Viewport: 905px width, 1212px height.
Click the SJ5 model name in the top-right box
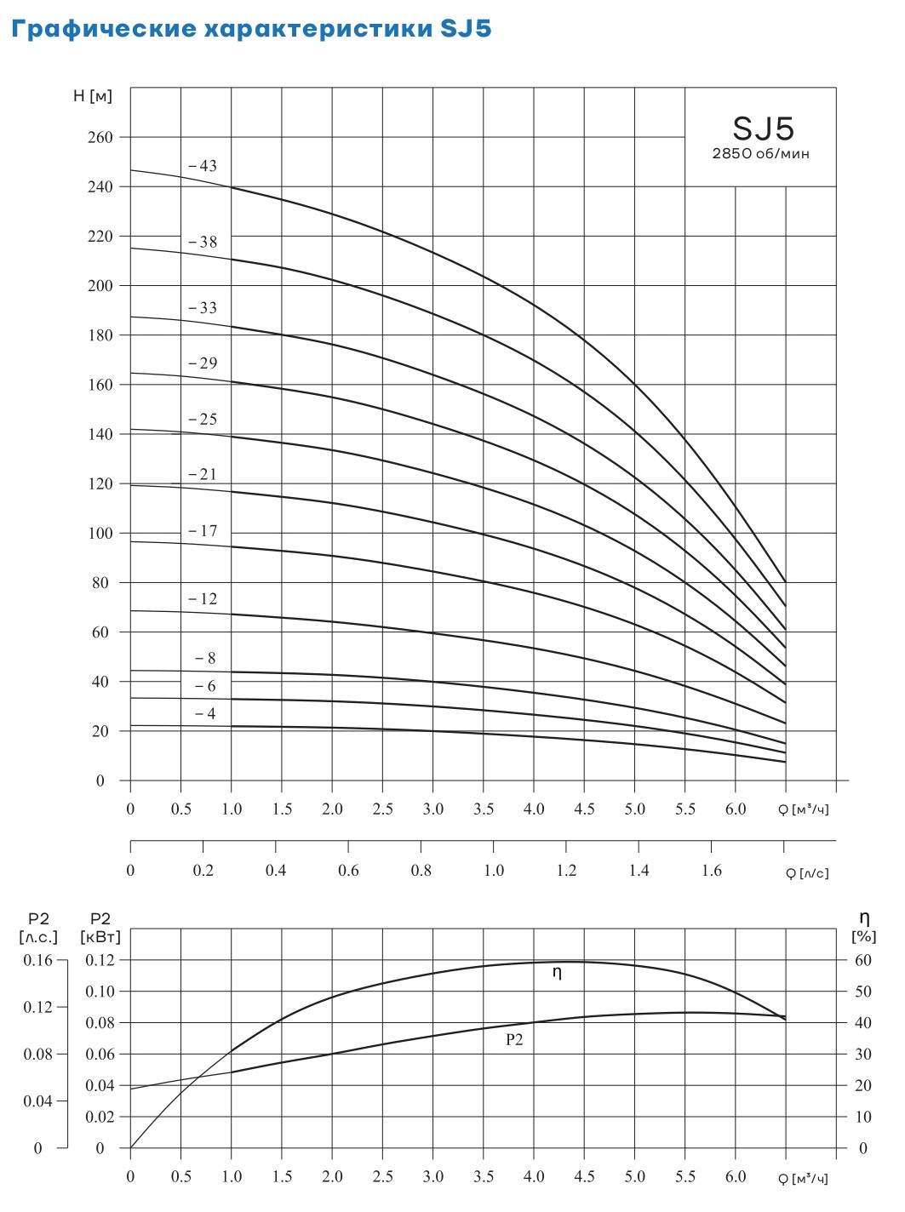click(x=763, y=129)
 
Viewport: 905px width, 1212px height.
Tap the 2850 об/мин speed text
click(x=760, y=154)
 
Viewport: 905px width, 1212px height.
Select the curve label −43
click(x=203, y=166)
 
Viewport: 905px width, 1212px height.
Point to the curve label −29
click(x=203, y=363)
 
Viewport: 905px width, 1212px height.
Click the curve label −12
click(x=203, y=599)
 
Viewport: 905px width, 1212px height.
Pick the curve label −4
click(x=205, y=714)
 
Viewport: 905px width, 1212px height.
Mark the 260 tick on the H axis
click(x=100, y=137)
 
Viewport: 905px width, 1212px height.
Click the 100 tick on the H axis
click(x=100, y=534)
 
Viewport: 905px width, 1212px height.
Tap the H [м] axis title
click(x=92, y=96)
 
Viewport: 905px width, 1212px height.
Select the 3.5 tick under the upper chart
click(x=484, y=809)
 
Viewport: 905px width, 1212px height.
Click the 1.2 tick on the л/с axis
click(x=566, y=870)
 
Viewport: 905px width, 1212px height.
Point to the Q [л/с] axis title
click(x=806, y=872)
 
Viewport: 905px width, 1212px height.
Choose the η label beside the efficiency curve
click(x=558, y=972)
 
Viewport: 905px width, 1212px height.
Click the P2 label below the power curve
click(x=514, y=1039)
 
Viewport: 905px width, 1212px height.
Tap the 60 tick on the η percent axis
click(x=863, y=960)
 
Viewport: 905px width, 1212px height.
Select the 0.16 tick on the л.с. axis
click(x=38, y=960)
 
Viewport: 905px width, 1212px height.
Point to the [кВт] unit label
click(x=100, y=936)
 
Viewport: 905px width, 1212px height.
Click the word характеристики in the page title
click(x=320, y=29)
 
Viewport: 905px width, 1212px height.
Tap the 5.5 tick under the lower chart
click(x=685, y=1176)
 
